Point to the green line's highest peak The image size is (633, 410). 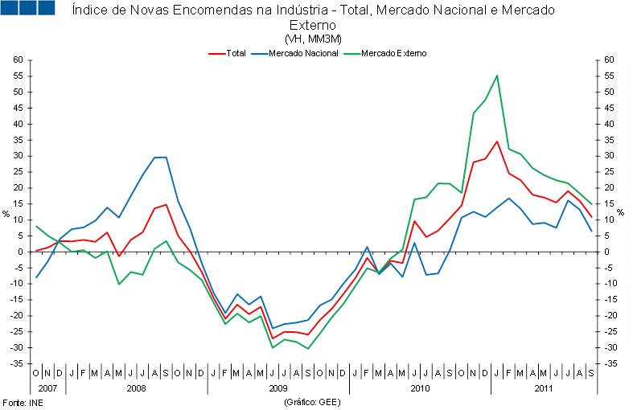click(497, 76)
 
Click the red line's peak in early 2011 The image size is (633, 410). click(497, 141)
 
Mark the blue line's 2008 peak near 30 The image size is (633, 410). click(160, 157)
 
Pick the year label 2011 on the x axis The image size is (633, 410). click(543, 387)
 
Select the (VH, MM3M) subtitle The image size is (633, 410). click(313, 39)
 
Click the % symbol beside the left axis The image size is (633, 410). click(6, 214)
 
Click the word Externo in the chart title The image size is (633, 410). click(313, 25)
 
